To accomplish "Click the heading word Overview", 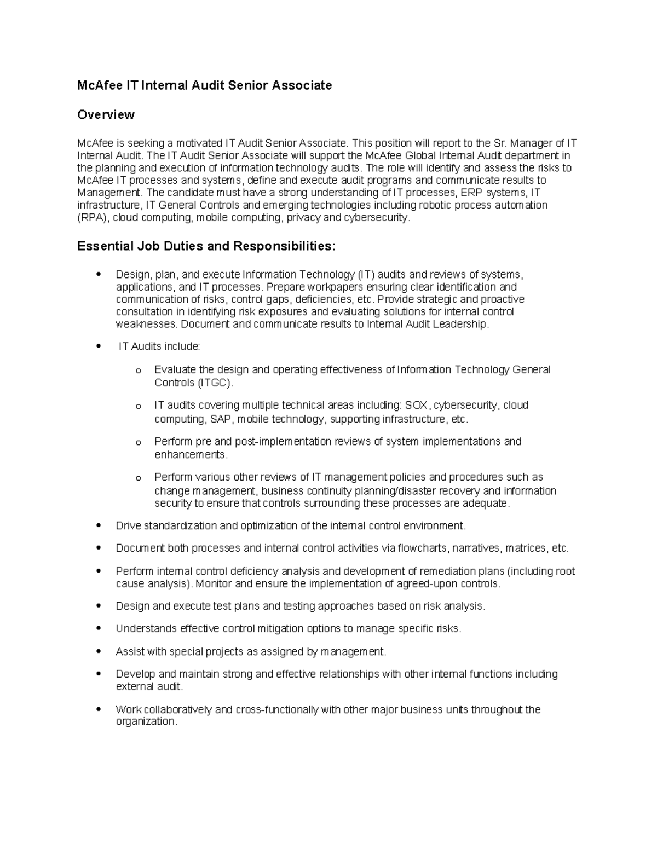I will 106,114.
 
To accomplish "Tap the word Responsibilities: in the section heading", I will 284,246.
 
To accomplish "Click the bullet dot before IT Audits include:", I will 99,346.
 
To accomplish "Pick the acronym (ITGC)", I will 215,383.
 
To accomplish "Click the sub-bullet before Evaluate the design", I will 137,371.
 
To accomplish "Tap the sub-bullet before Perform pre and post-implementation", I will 137,442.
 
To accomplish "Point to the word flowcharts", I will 422,548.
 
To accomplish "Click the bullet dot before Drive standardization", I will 99,525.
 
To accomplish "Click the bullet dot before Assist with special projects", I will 99,651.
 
